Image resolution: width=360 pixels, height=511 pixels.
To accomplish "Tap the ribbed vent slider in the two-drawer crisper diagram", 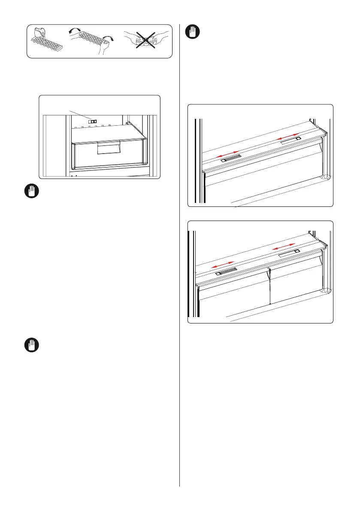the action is pyautogui.click(x=227, y=272).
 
